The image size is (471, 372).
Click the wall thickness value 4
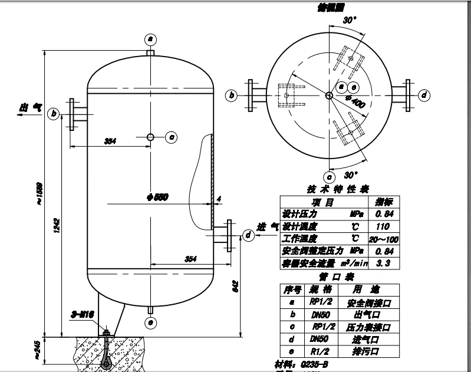[219, 199]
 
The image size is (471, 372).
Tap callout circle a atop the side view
[150, 39]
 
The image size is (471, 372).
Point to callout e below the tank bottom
[150, 322]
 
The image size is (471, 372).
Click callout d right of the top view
[423, 95]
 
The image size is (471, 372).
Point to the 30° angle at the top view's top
[350, 19]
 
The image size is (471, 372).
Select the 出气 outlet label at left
[31, 107]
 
